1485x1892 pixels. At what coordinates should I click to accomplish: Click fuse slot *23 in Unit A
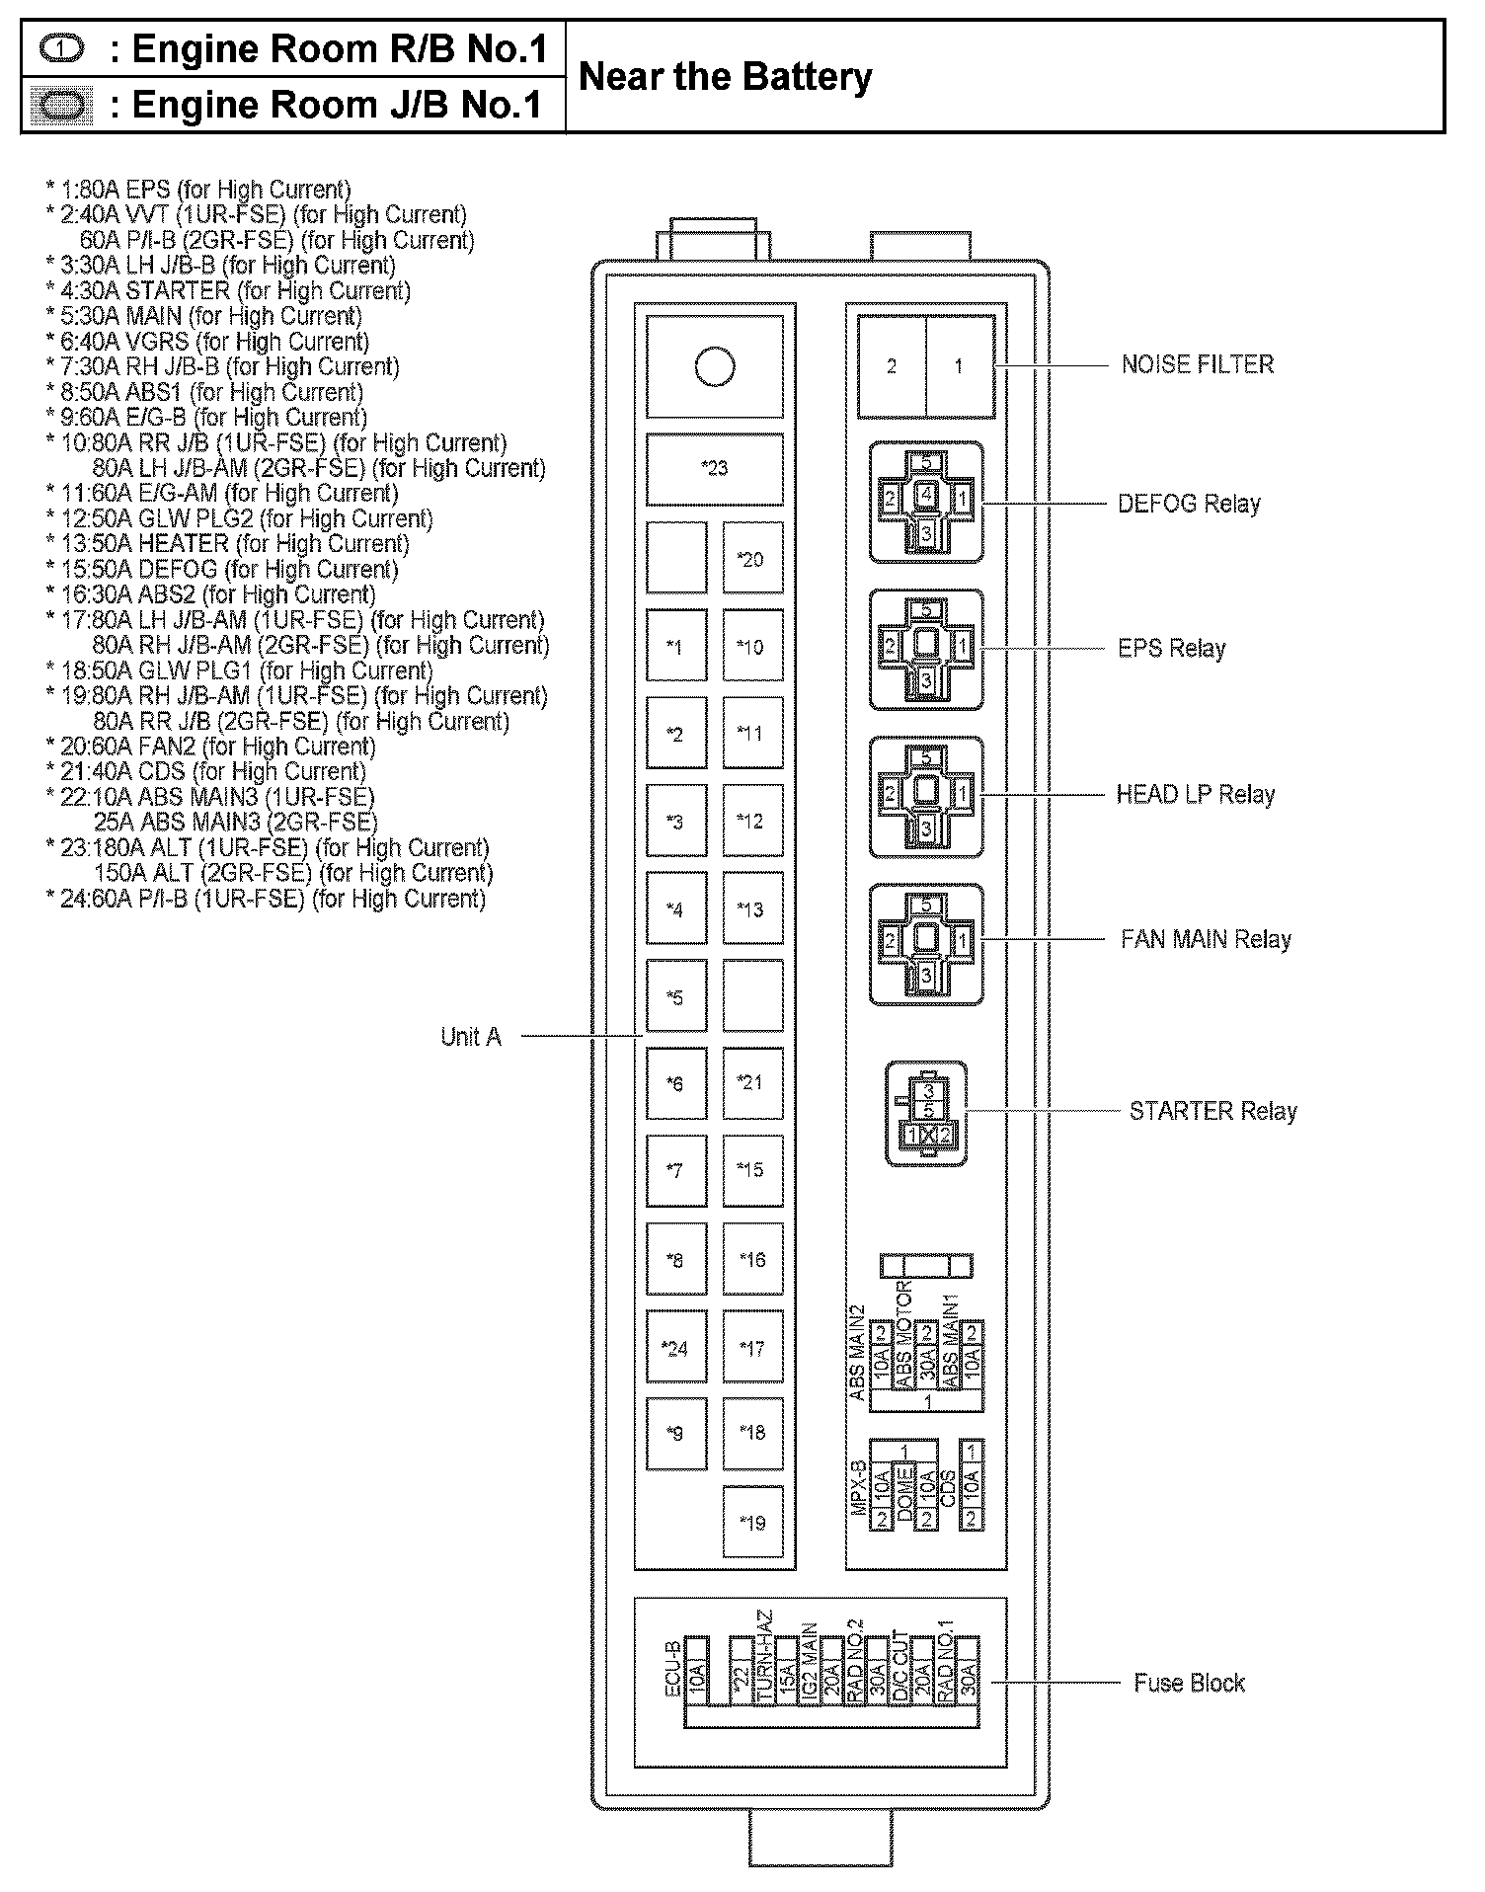tap(715, 469)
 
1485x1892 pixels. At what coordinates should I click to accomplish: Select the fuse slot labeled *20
tap(752, 559)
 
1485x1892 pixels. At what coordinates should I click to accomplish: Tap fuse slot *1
tap(676, 647)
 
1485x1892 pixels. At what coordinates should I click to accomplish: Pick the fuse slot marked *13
tap(752, 908)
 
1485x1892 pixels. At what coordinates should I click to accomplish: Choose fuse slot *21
tap(752, 1082)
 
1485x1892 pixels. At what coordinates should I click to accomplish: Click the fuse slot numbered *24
tap(676, 1347)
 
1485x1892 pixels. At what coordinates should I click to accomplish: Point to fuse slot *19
tap(752, 1522)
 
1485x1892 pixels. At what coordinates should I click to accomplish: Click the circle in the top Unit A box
tap(715, 366)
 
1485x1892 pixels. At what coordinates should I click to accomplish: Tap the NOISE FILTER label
tap(1197, 365)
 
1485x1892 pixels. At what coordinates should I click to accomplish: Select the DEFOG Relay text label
tap(1189, 504)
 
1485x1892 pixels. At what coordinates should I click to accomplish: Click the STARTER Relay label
tap(1212, 1111)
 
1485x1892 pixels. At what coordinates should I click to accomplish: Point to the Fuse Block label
tap(1189, 1683)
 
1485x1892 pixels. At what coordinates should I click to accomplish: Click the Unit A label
tap(471, 1037)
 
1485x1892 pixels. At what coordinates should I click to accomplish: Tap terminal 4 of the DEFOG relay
tap(926, 494)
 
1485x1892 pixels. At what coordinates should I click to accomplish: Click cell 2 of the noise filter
tap(892, 366)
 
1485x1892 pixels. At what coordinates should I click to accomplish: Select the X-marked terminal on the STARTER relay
tap(928, 1135)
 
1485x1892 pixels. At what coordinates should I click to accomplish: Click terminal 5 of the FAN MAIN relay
tap(926, 905)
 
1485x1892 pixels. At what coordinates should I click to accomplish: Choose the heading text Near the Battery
tap(725, 77)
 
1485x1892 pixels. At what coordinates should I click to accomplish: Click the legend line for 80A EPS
tap(198, 190)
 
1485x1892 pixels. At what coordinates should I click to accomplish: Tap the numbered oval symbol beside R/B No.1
tap(61, 48)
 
